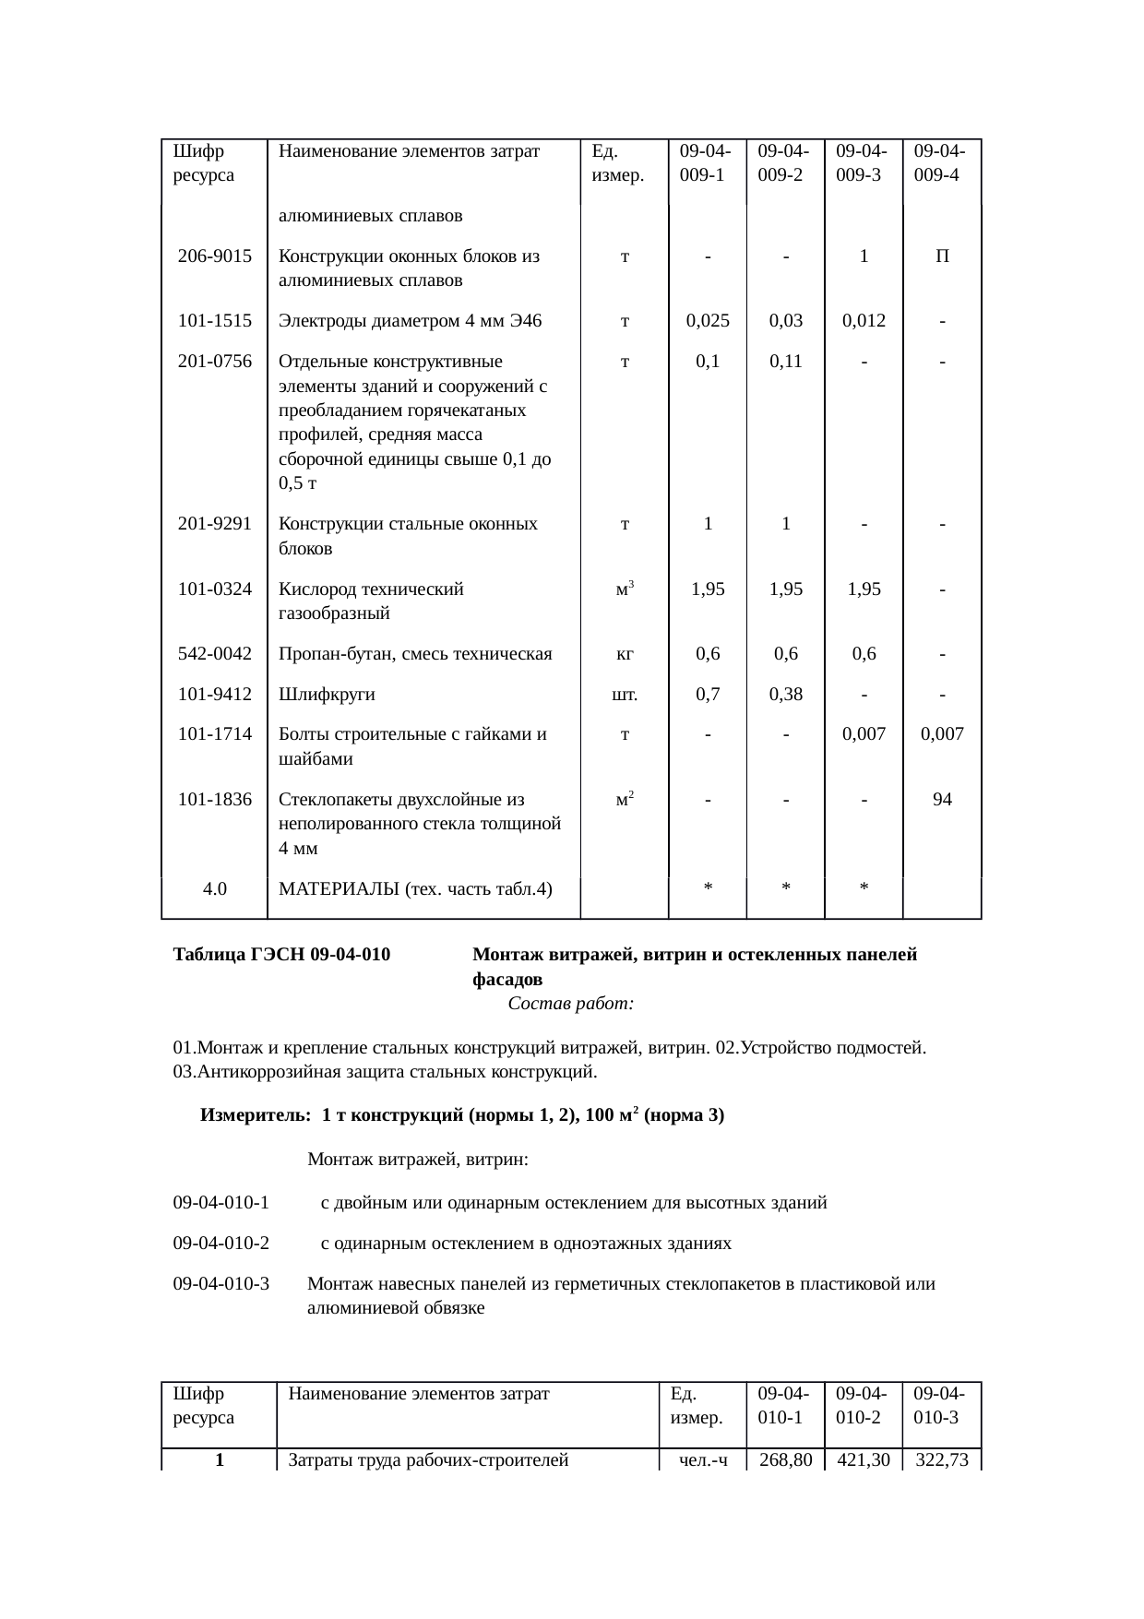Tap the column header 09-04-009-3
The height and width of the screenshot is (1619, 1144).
(x=863, y=162)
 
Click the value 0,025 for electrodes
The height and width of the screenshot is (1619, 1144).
(x=708, y=321)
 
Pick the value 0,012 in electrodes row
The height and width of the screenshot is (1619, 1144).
(x=864, y=321)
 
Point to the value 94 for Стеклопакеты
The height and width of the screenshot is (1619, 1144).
(x=941, y=800)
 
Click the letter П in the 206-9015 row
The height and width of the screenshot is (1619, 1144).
(x=941, y=256)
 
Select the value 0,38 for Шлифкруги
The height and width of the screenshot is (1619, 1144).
(x=785, y=695)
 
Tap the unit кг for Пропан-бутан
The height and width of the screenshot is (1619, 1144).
(x=625, y=654)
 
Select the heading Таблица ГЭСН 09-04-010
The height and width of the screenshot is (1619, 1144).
(x=281, y=955)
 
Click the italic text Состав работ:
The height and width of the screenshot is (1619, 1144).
(x=570, y=1004)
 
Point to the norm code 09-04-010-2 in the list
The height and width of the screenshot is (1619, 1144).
(x=221, y=1244)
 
